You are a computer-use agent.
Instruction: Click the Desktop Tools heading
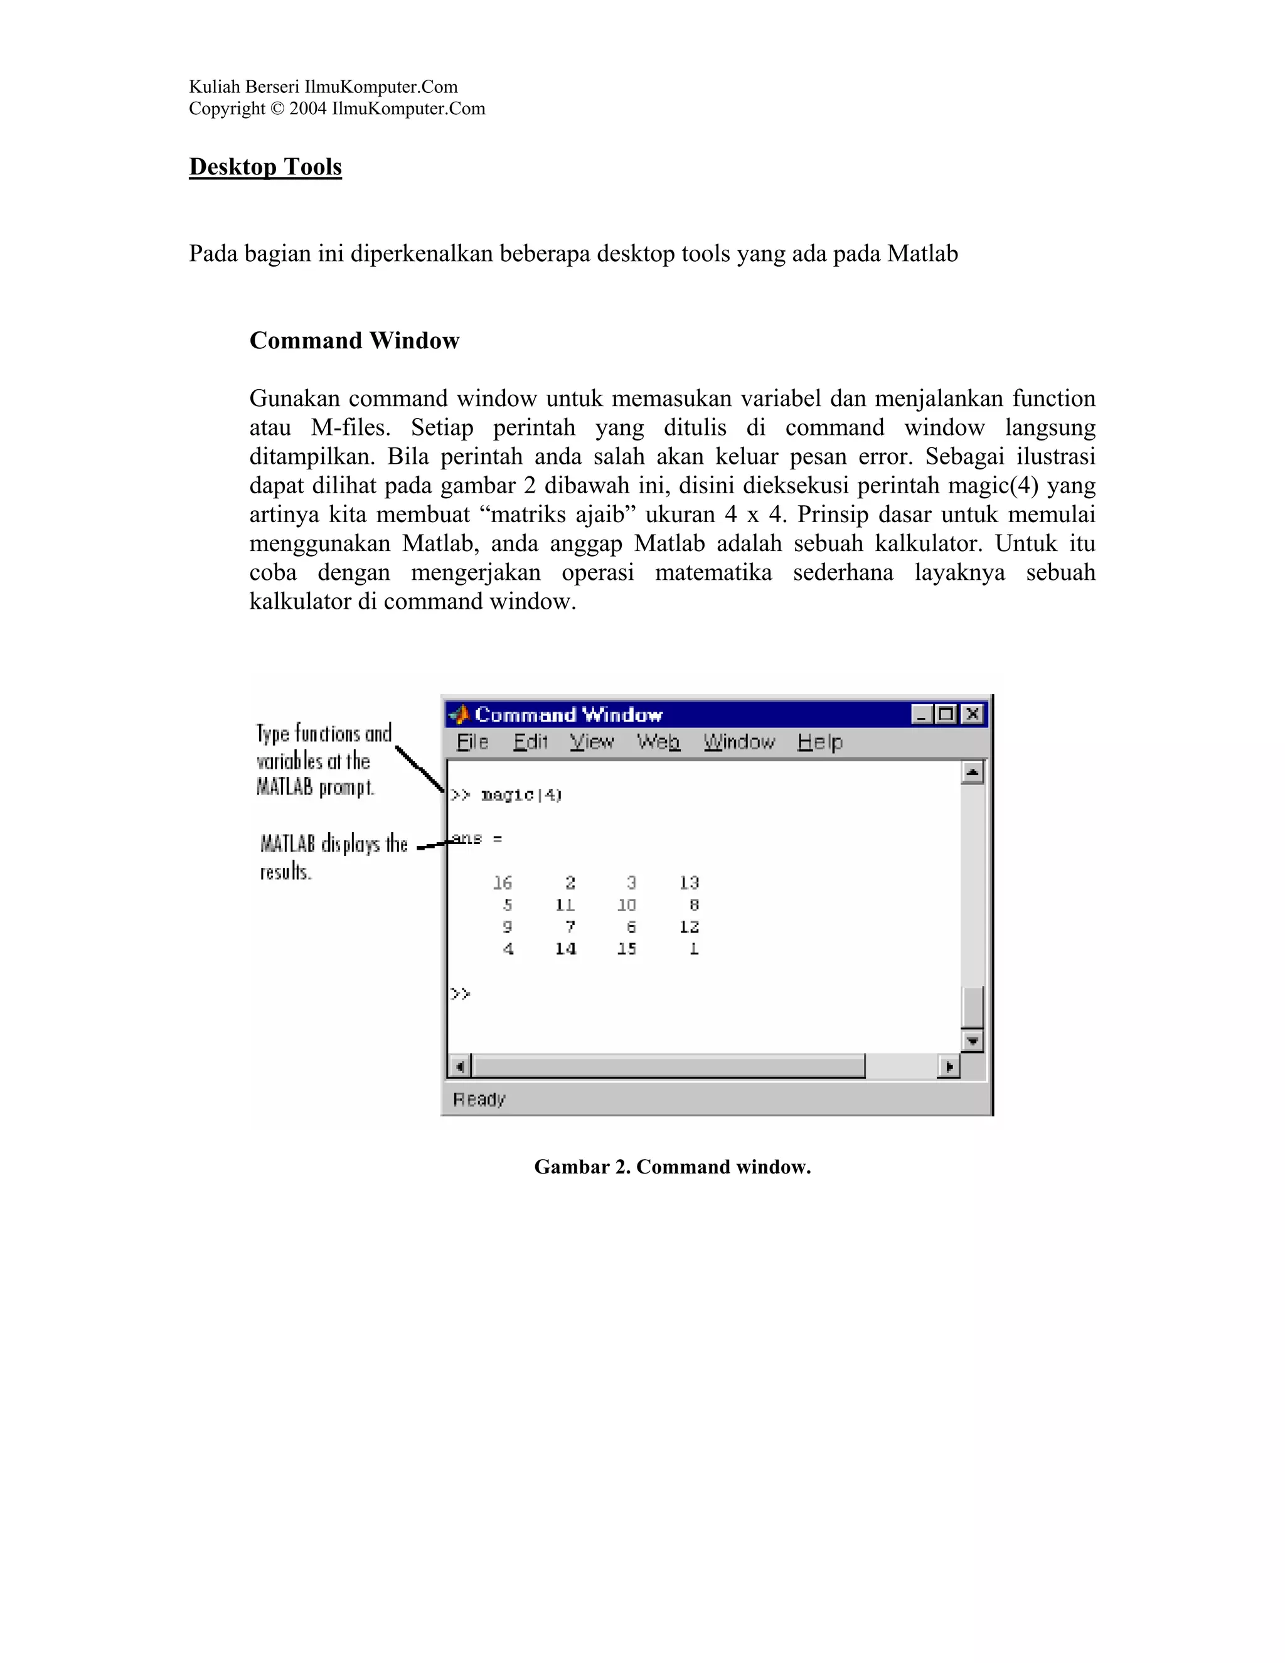265,167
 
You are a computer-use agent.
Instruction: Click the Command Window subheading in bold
354,340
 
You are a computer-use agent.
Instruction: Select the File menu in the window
472,742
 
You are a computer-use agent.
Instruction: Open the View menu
592,742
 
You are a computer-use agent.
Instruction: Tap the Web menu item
658,742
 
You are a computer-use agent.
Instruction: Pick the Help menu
820,742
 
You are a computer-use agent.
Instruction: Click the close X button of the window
972,714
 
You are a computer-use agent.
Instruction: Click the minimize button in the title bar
922,714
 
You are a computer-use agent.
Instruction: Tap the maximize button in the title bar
946,714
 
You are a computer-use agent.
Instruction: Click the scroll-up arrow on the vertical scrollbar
972,773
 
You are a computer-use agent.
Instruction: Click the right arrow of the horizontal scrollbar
949,1067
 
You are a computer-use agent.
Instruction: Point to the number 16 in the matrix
503,882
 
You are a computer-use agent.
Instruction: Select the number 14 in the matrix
565,949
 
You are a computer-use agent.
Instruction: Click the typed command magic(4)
521,795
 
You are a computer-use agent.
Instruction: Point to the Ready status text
479,1099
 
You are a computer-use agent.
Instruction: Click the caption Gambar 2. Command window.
672,1167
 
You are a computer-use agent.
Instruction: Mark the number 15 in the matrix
627,949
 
